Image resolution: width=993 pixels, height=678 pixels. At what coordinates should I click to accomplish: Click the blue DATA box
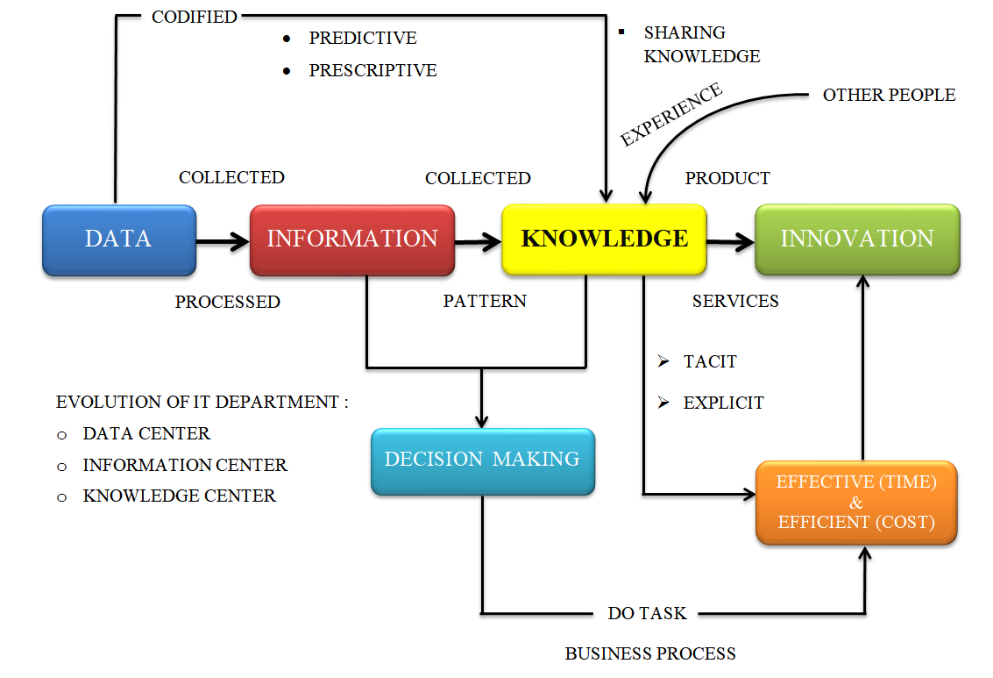(x=119, y=239)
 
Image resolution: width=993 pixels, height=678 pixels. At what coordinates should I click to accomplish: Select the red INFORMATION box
(x=352, y=239)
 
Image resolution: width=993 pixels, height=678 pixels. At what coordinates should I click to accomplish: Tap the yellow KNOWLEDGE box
(x=604, y=239)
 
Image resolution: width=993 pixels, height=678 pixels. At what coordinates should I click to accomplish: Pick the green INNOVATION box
(x=857, y=239)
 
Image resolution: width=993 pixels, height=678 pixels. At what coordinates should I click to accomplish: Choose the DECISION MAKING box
(x=482, y=460)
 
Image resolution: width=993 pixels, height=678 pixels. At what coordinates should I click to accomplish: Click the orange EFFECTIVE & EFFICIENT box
(x=856, y=503)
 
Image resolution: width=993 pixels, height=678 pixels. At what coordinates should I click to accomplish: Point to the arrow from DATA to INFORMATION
(x=223, y=239)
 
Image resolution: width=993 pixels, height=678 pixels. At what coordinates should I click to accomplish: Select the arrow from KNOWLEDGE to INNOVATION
(x=730, y=239)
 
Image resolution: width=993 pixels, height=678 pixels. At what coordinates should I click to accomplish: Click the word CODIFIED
(x=195, y=17)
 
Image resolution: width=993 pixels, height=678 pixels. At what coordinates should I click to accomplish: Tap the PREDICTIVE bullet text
(x=363, y=39)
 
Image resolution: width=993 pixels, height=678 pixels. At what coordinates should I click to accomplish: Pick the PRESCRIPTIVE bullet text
(x=372, y=70)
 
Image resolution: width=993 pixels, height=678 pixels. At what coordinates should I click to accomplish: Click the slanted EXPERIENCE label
(x=671, y=115)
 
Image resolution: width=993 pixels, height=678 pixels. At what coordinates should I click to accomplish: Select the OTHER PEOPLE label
(x=889, y=95)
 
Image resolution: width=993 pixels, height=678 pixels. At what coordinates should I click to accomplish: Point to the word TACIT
(x=710, y=361)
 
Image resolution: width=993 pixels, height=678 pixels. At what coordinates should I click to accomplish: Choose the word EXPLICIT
(x=723, y=403)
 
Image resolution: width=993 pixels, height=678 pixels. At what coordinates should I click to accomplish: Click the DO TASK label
(x=648, y=613)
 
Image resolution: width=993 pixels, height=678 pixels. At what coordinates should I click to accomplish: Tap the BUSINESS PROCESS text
(x=650, y=653)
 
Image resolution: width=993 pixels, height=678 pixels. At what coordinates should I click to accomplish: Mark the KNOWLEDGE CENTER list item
(x=179, y=496)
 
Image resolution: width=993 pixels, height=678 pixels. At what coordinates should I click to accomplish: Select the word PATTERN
(x=485, y=301)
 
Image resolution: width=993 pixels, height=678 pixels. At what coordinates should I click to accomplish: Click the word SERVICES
(x=735, y=301)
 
